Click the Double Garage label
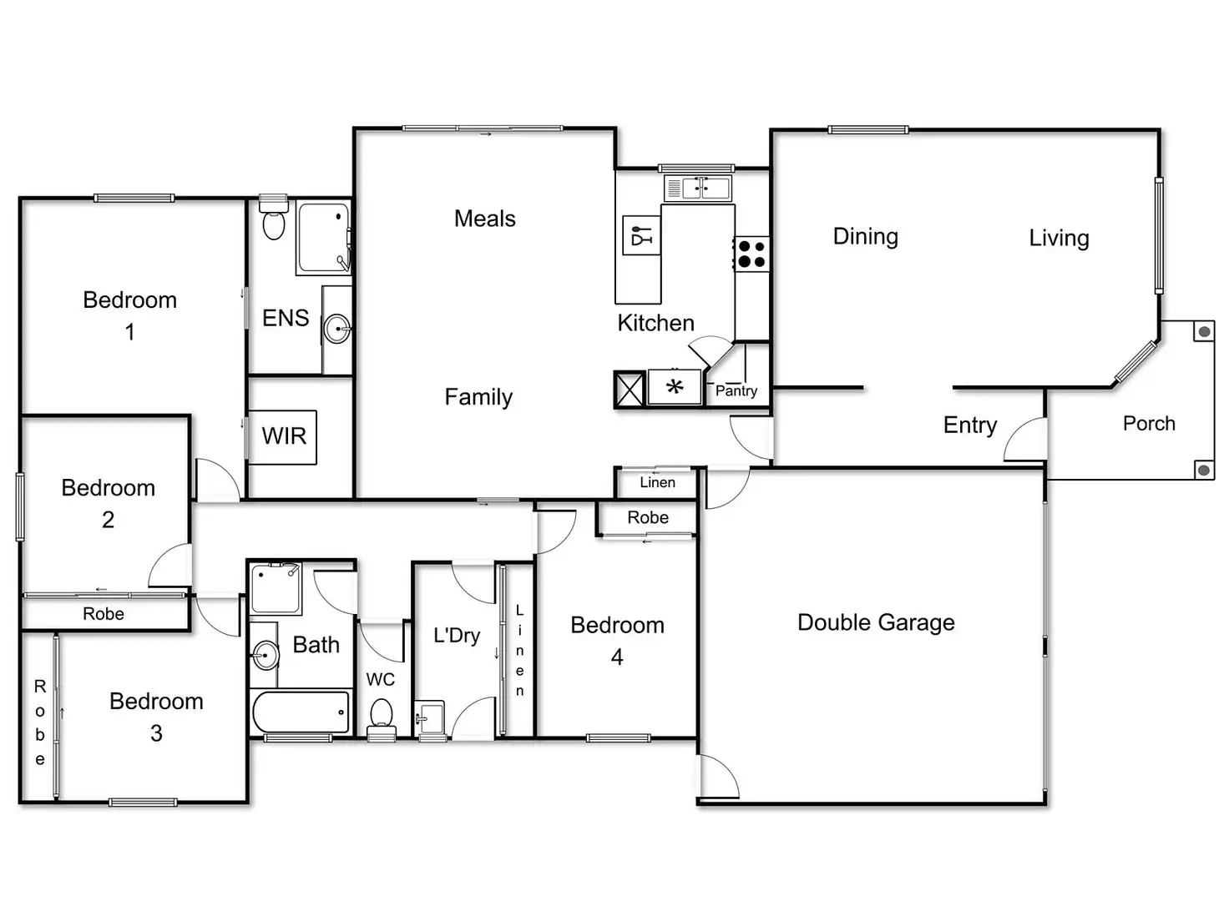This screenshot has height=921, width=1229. (876, 622)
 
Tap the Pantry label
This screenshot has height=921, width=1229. (736, 390)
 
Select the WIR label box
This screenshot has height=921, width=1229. (283, 436)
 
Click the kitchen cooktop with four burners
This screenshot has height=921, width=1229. (751, 254)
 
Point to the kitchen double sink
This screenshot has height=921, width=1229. (698, 188)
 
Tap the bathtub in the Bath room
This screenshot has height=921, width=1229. (301, 712)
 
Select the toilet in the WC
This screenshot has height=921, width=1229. (382, 717)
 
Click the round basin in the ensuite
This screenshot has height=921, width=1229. (336, 329)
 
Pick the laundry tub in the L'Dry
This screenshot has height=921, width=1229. (432, 717)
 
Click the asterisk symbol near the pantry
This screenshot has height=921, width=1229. (675, 387)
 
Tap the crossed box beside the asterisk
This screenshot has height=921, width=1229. (630, 389)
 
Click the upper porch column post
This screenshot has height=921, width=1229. (1203, 332)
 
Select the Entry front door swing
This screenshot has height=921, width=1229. (1025, 440)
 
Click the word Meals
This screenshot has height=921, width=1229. (484, 219)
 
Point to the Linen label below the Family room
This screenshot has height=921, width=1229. (657, 482)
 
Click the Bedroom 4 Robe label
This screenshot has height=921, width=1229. (648, 517)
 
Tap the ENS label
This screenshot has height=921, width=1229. (286, 318)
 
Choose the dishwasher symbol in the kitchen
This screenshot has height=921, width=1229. (641, 235)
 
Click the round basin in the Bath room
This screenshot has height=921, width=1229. (265, 655)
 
